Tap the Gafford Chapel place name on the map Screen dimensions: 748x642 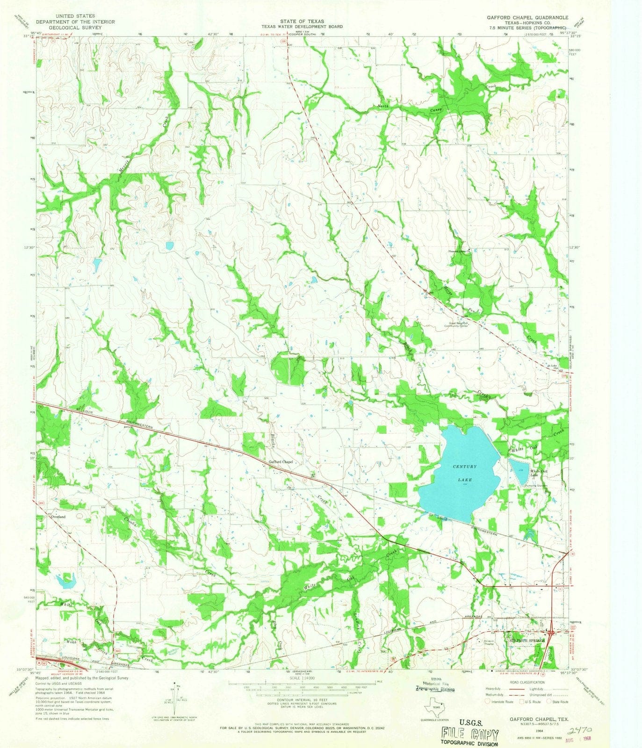coord(281,462)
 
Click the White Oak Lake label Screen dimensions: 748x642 coord(536,473)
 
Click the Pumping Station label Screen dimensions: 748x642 coord(535,485)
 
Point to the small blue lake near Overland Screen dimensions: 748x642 coord(66,581)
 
